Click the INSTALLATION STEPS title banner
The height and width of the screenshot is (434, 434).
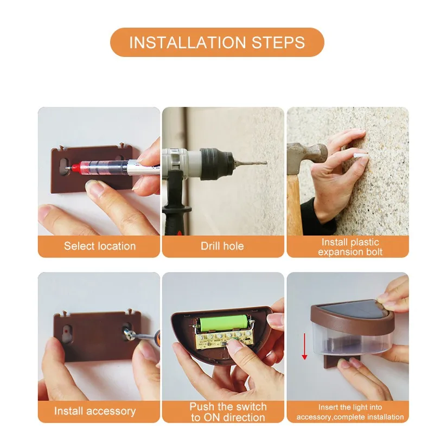(217, 42)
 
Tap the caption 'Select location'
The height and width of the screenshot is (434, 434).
(100, 246)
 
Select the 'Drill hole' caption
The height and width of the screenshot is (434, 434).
(222, 246)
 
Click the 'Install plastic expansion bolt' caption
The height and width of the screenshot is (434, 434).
(350, 247)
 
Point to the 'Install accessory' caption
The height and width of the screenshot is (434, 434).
(95, 411)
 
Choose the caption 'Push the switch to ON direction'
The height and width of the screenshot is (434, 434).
(228, 412)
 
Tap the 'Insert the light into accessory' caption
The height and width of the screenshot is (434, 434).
(350, 412)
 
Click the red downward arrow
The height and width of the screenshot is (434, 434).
(304, 346)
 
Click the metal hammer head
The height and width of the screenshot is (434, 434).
(307, 158)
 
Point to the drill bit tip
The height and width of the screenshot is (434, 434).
(266, 163)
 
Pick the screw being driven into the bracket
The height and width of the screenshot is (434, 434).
(129, 334)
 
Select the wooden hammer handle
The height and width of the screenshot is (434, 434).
(295, 205)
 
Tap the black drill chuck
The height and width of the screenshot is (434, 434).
(217, 164)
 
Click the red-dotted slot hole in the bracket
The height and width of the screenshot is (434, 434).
(66, 332)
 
